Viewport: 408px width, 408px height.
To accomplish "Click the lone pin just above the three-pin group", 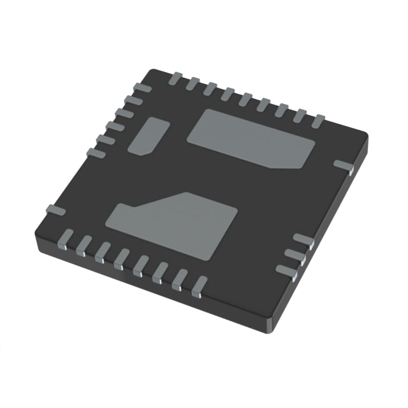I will pyautogui.click(x=344, y=166).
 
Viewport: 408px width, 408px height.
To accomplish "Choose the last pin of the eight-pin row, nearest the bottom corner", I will pyautogui.click(x=200, y=285).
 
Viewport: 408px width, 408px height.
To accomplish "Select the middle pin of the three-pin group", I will pyautogui.click(x=295, y=254).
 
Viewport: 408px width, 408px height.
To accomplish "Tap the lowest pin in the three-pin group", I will pyautogui.click(x=286, y=270).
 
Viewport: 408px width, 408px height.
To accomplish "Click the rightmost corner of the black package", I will pyautogui.click(x=367, y=136).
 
